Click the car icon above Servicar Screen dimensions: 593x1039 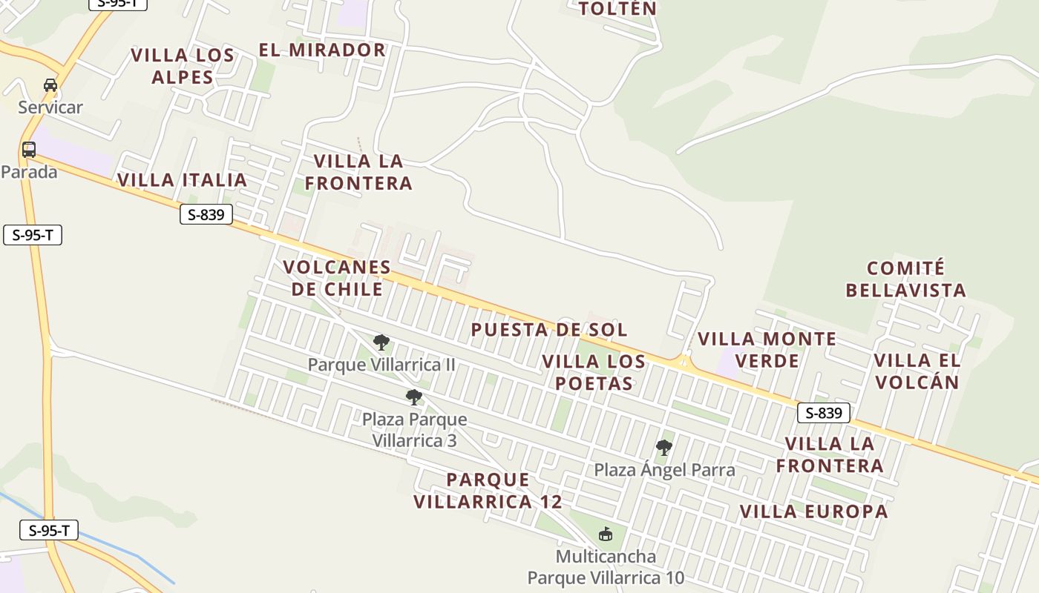click(50, 85)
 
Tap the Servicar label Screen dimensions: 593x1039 click(50, 107)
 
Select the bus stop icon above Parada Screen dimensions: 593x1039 click(29, 150)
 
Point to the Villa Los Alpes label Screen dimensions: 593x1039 click(183, 66)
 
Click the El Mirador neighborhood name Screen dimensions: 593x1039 click(322, 50)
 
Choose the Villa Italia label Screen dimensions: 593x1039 click(182, 180)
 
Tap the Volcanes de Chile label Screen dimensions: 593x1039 click(337, 278)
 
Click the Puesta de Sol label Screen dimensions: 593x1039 click(549, 329)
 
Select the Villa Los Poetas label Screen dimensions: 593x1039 click(594, 372)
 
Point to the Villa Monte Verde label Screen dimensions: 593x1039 click(767, 350)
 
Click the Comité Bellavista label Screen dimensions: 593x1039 click(905, 279)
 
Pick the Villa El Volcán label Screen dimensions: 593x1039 click(917, 371)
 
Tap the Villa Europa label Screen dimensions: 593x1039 click(813, 511)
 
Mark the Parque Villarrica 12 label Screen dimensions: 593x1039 click(488, 491)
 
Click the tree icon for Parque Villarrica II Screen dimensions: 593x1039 click(381, 342)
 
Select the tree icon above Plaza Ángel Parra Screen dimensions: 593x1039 click(664, 448)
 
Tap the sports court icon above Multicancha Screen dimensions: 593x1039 click(606, 534)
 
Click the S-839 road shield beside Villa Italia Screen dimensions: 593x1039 click(206, 215)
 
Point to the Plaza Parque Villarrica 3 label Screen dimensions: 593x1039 click(414, 430)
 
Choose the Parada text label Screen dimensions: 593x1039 click(29, 172)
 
